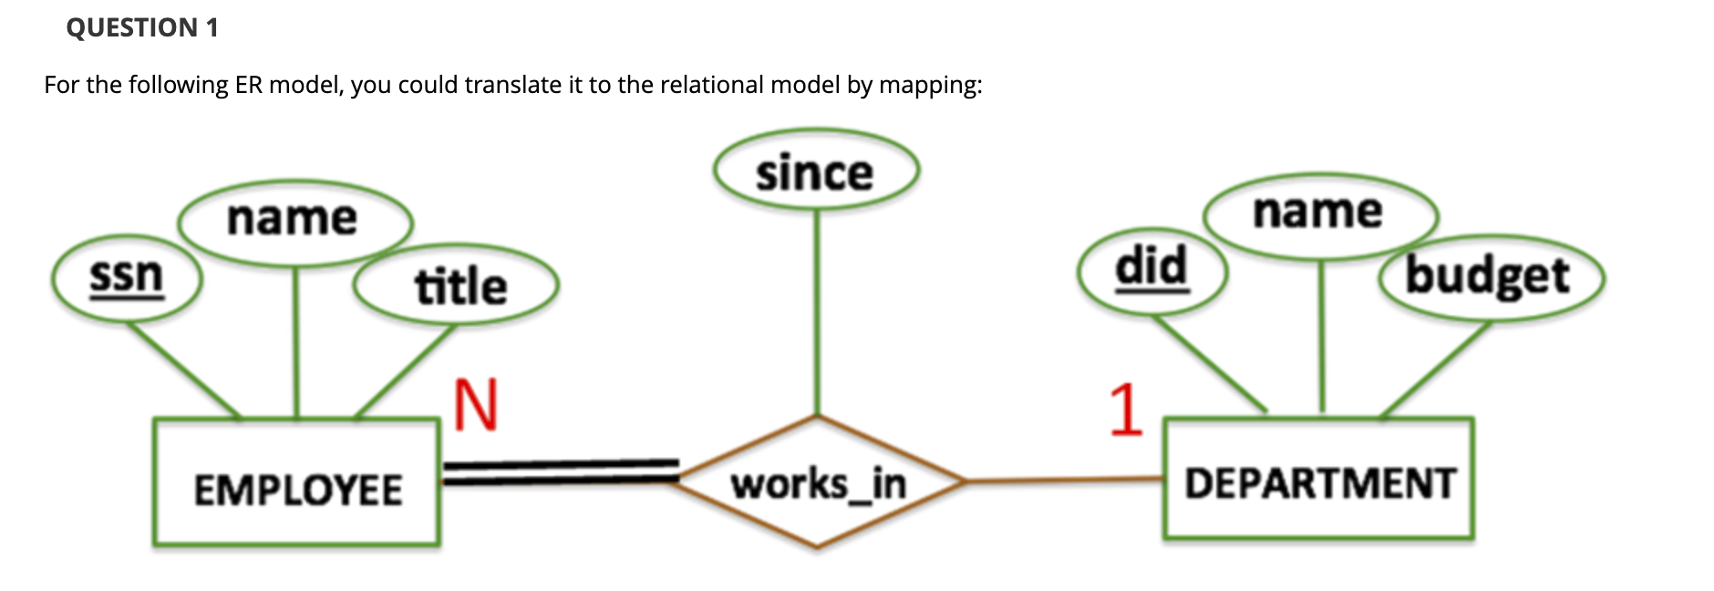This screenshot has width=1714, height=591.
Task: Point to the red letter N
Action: (x=475, y=403)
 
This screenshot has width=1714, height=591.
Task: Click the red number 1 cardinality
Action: (x=1126, y=410)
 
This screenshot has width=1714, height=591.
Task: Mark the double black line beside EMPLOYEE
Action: (x=561, y=472)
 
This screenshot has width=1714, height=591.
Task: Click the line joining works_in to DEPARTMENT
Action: (x=1064, y=479)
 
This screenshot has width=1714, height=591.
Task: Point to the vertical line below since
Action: (x=817, y=313)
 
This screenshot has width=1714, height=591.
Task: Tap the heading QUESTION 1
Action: (x=142, y=27)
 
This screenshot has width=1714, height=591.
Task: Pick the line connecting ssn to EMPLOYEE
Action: (x=182, y=368)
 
